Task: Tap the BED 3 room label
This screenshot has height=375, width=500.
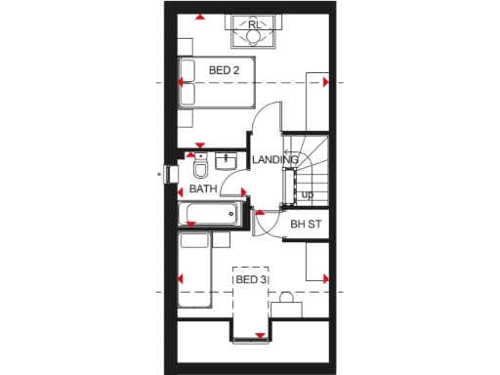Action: [x=251, y=280]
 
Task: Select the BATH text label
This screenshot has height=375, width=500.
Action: [x=203, y=188]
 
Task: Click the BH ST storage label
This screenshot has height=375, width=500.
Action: [x=306, y=225]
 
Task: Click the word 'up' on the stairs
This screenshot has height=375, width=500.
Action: [x=307, y=194]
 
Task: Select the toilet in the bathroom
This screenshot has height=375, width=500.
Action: [x=199, y=167]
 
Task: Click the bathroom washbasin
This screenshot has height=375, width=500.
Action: [x=227, y=159]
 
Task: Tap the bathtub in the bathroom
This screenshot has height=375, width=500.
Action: [x=208, y=215]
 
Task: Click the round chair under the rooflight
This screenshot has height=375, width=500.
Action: [x=253, y=37]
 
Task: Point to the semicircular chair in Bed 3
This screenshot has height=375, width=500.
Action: [x=287, y=298]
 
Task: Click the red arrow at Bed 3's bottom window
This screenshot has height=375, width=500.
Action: [x=260, y=336]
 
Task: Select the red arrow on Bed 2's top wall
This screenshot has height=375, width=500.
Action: [x=199, y=17]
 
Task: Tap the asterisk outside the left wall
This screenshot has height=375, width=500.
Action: [x=160, y=176]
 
